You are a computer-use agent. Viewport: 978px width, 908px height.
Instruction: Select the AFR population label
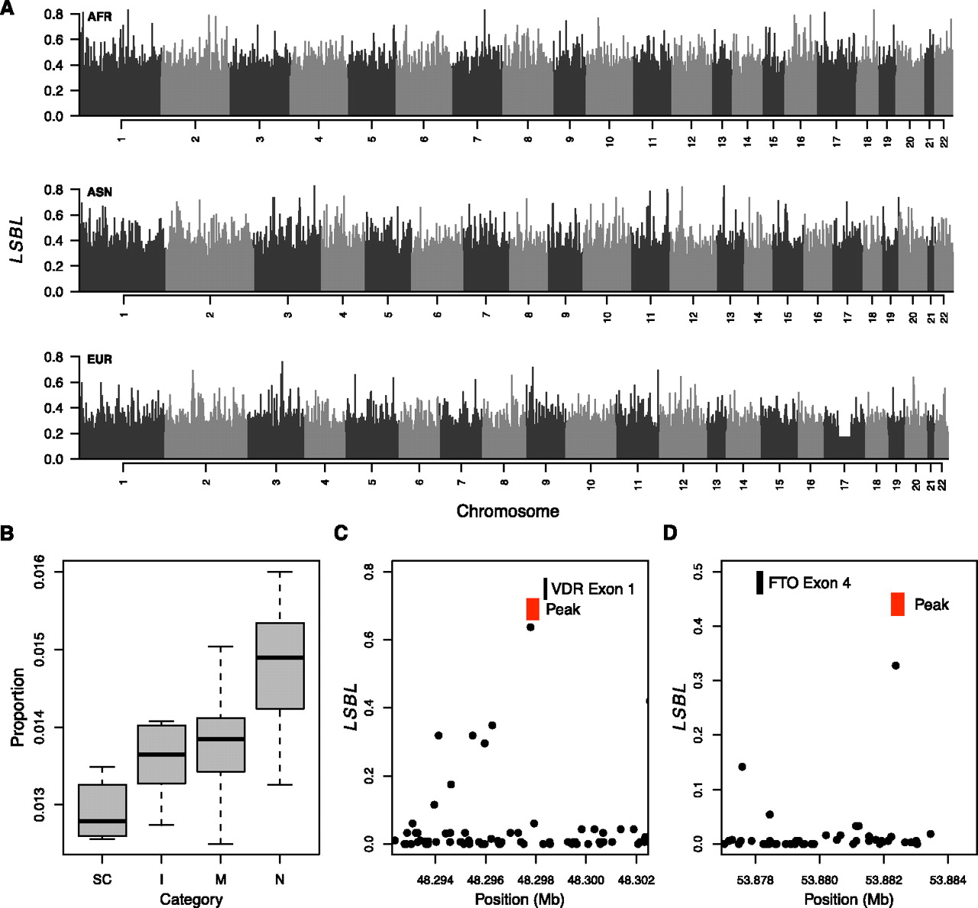point(99,17)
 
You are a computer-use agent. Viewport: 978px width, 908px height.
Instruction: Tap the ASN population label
point(99,192)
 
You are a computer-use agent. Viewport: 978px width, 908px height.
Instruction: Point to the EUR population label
point(99,359)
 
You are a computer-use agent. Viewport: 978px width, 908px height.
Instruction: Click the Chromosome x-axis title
point(507,511)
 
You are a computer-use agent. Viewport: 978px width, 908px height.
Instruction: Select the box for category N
point(280,666)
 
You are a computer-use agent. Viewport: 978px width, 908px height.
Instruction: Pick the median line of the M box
point(221,739)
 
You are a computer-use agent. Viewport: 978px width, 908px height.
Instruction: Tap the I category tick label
point(161,880)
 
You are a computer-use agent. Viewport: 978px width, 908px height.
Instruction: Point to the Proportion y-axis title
point(18,707)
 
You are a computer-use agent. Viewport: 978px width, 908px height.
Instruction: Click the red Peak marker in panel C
point(533,609)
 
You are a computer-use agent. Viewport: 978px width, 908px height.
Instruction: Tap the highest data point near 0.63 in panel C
point(530,627)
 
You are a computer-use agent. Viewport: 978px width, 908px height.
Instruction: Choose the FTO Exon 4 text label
point(809,583)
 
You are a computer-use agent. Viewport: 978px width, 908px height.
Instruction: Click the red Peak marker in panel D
point(898,604)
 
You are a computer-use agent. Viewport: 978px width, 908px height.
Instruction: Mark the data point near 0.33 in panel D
point(895,666)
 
